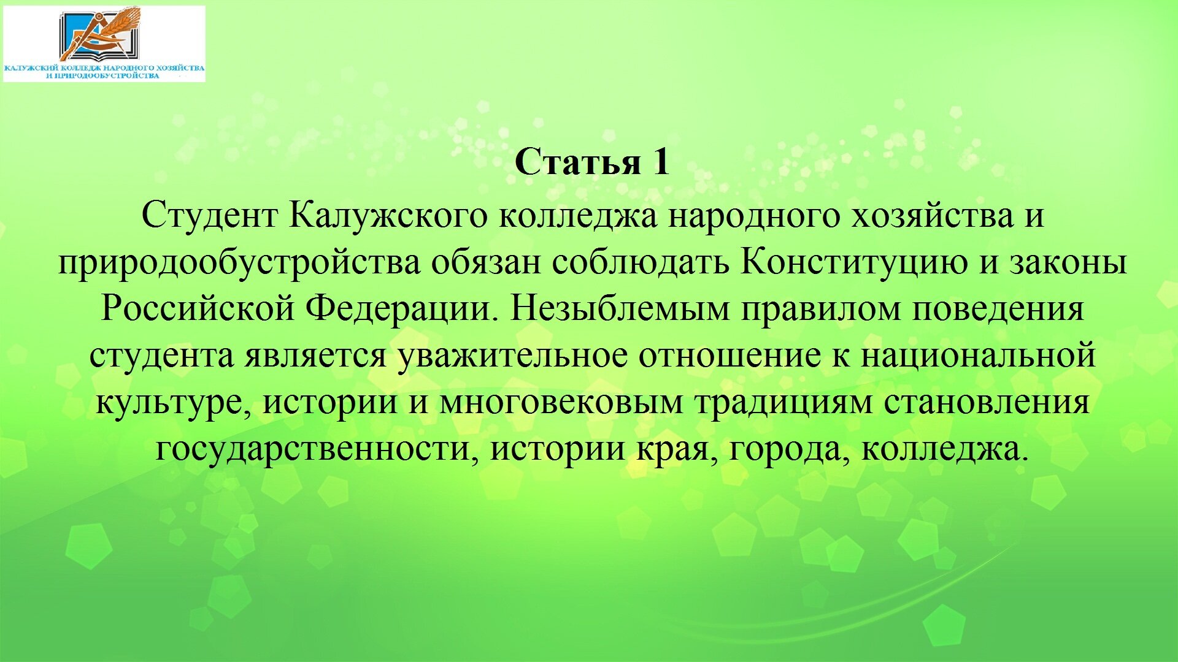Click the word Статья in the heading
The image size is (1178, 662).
[577, 163]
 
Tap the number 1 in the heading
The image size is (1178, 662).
[660, 162]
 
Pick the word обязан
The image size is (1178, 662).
[485, 262]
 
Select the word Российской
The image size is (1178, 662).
[198, 309]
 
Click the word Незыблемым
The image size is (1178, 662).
[620, 309]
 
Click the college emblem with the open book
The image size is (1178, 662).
[100, 35]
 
